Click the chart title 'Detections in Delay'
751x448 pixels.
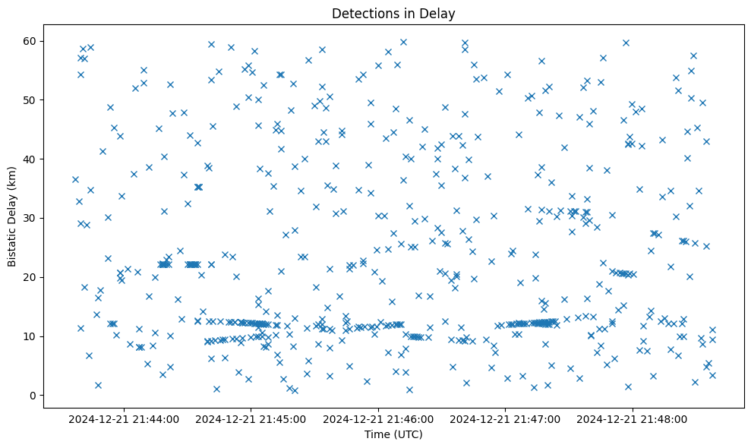[393, 13]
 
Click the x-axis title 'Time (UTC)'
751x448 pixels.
[393, 434]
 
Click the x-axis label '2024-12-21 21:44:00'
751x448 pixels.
[123, 418]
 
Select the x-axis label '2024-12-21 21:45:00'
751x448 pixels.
[250, 418]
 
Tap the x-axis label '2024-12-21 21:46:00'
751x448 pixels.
[377, 418]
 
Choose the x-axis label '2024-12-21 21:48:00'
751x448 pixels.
[632, 418]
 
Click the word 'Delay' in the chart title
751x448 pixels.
[440, 13]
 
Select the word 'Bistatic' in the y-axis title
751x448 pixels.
[12, 243]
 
